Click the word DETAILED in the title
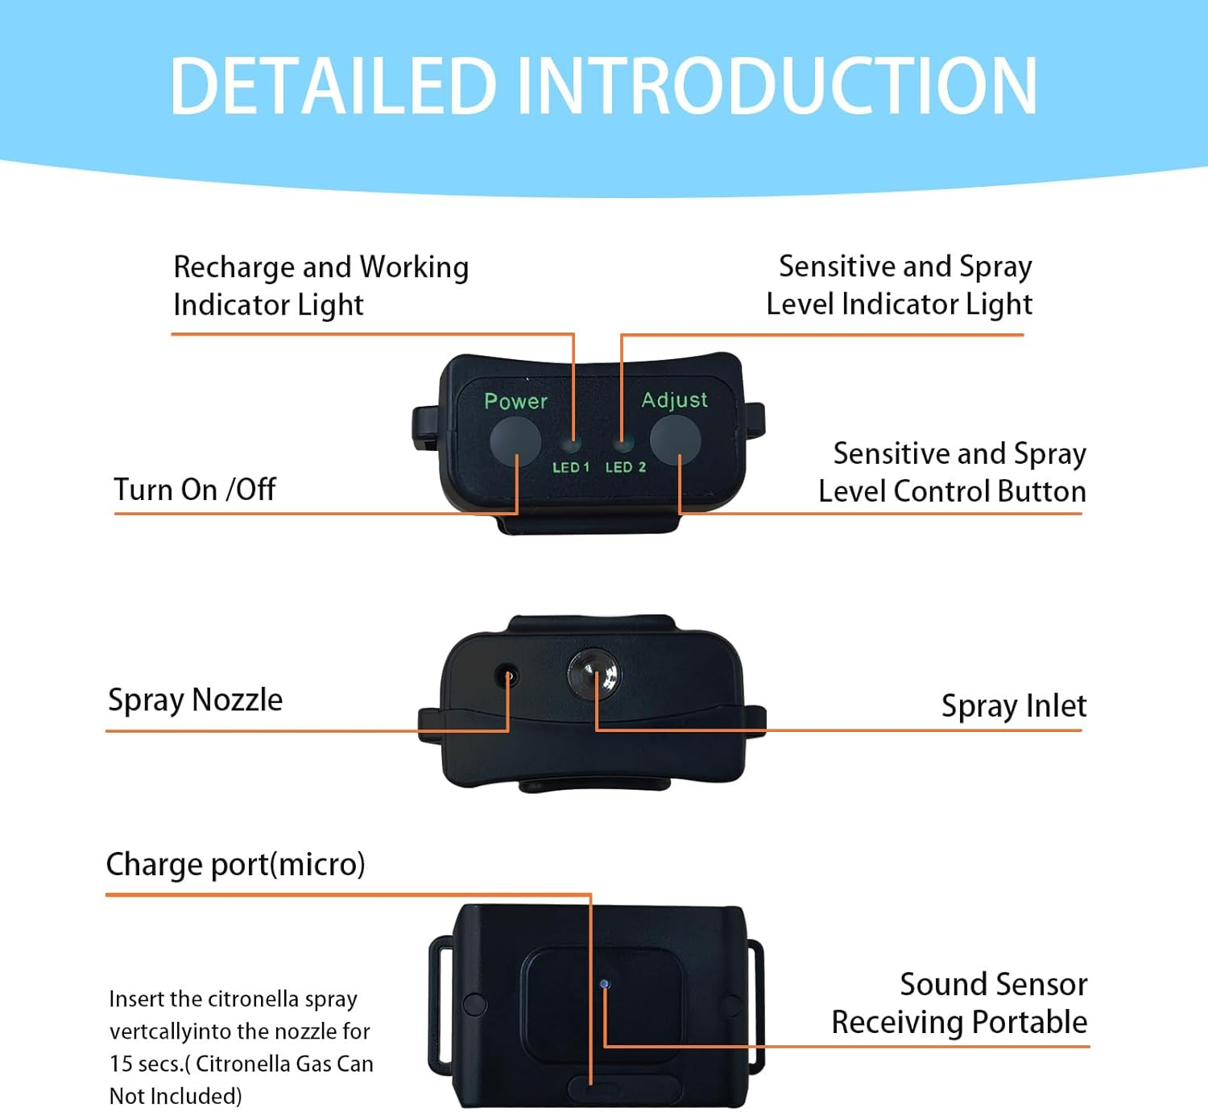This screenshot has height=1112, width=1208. [333, 86]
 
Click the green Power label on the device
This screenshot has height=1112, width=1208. [515, 401]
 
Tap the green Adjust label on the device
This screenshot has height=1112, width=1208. [674, 400]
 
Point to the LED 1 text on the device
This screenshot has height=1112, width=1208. [570, 467]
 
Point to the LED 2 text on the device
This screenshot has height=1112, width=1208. [625, 467]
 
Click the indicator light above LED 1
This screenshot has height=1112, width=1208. [572, 444]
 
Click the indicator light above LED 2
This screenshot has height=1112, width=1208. [621, 443]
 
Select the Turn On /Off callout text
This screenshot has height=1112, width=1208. [195, 490]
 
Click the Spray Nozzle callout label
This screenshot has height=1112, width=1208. [195, 700]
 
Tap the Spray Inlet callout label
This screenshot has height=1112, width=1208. [1013, 706]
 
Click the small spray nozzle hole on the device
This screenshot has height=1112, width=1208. [507, 675]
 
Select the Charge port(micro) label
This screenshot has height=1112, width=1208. [235, 864]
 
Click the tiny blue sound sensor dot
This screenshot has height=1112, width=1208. [605, 983]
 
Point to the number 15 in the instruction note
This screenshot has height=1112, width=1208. [120, 1064]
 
